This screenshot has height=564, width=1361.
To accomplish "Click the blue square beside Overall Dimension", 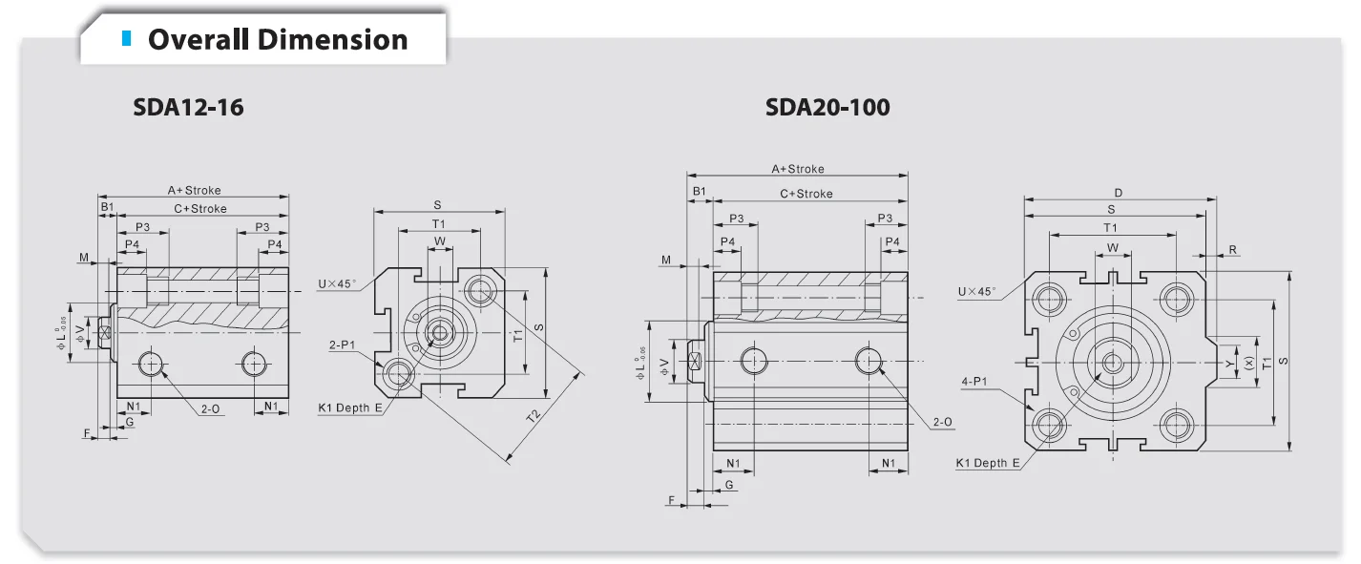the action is click(126, 38).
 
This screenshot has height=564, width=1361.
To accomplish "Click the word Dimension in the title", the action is click(332, 40).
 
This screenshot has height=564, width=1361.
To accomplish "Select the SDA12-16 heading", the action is click(188, 108).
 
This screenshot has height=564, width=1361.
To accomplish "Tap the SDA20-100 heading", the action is click(827, 108).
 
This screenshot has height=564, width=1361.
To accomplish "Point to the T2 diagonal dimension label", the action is click(533, 416).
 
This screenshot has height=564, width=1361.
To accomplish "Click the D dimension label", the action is click(1119, 194).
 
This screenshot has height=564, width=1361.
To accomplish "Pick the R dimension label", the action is click(1233, 250).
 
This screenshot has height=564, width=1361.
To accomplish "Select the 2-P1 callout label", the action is click(342, 345).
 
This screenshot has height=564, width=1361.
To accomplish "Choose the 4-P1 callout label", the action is click(974, 381).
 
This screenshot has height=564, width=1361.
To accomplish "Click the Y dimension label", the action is click(1229, 364).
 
